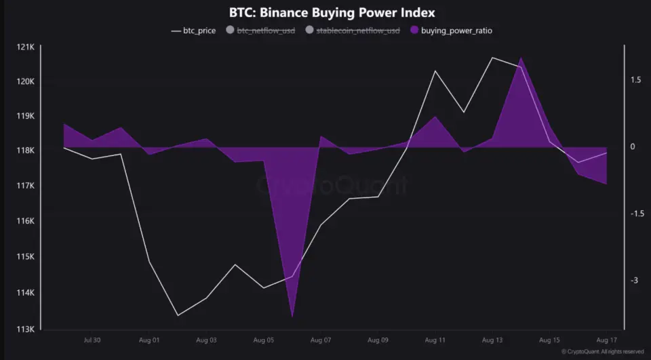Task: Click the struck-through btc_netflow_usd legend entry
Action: click(x=260, y=31)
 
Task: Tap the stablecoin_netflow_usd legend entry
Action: click(x=353, y=31)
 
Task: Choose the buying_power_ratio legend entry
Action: click(x=456, y=31)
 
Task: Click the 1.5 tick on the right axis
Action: click(x=635, y=80)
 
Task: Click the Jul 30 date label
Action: click(x=92, y=340)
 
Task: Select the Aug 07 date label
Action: click(x=320, y=340)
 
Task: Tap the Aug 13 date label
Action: click(x=492, y=340)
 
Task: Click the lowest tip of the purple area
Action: click(x=292, y=316)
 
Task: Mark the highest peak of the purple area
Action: click(x=520, y=58)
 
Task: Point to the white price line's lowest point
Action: click(x=178, y=315)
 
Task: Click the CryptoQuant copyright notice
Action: click(x=603, y=352)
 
